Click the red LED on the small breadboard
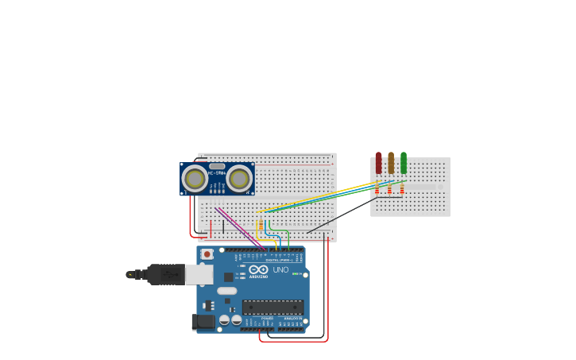click(378, 163)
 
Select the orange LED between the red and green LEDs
click(391, 163)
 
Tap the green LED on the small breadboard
click(404, 163)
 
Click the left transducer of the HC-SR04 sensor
click(195, 179)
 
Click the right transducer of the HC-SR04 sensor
click(239, 179)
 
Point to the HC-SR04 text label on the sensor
click(217, 172)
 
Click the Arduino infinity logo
click(258, 269)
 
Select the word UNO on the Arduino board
click(280, 269)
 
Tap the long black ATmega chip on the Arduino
click(273, 307)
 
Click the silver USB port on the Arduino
click(199, 274)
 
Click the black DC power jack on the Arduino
click(203, 321)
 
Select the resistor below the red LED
click(377, 188)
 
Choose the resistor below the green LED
click(403, 188)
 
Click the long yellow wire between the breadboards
click(318, 198)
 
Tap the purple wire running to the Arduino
click(238, 226)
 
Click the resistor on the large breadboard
click(260, 225)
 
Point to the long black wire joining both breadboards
click(342, 215)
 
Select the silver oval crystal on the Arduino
click(227, 291)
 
